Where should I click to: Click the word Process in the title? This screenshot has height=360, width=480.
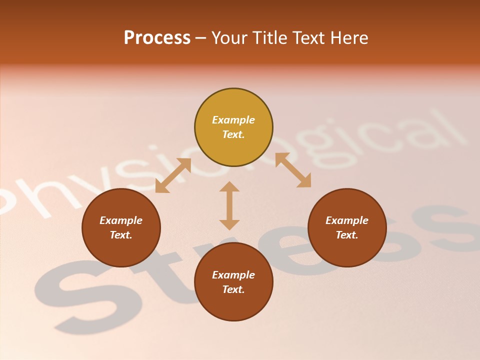click(157, 38)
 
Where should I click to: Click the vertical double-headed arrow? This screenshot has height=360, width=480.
click(229, 205)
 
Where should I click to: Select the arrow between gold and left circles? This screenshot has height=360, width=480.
click(173, 175)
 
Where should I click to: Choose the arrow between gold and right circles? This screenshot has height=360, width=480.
click(293, 170)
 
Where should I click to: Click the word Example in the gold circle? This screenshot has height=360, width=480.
click(233, 120)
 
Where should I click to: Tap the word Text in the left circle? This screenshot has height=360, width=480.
click(121, 235)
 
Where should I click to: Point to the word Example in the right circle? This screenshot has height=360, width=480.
click(347, 220)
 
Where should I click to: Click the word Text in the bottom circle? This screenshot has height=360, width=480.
click(233, 289)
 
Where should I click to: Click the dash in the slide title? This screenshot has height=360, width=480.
click(201, 38)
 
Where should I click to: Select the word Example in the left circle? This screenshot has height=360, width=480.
click(121, 220)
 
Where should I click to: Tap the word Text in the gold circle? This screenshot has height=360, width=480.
click(233, 134)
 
